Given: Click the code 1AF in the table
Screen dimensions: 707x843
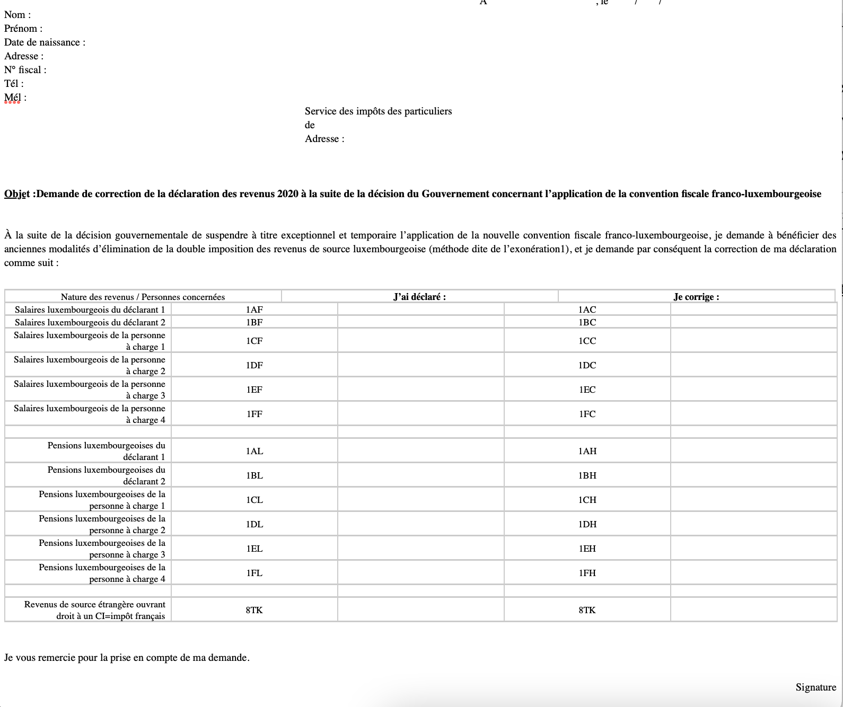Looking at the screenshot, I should point(254,310).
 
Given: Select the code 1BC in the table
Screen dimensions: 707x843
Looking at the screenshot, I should point(587,322).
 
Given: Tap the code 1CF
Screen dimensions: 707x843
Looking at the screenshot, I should point(254,341).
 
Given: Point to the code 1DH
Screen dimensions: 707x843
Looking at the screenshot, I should point(587,524).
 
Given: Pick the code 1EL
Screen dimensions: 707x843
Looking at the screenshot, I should point(254,549).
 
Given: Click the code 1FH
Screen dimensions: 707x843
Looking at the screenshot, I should point(587,573).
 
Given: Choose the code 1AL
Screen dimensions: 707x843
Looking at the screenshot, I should point(254,451).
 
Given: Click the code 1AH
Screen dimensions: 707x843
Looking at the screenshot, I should point(587,451).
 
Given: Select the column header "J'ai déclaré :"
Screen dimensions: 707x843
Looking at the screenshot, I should point(419,297).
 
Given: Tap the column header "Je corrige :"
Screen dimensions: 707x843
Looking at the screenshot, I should point(696,297).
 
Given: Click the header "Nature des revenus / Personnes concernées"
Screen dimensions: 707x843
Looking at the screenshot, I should point(143,297).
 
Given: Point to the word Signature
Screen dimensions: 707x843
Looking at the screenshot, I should point(815,687).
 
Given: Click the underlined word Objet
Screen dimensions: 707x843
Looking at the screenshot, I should point(17,194).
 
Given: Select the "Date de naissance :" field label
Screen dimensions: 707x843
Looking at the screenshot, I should point(45,42).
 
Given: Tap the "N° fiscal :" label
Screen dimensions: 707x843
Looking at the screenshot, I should point(25,70).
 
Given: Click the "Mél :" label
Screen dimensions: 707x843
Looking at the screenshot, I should point(15,98).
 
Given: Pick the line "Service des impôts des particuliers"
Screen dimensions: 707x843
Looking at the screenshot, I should point(378,111).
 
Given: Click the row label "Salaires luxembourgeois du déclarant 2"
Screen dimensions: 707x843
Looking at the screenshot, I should point(90,322).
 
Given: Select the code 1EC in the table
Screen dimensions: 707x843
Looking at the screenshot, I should point(587,390).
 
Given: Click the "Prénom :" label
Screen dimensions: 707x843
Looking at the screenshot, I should point(23,29).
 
